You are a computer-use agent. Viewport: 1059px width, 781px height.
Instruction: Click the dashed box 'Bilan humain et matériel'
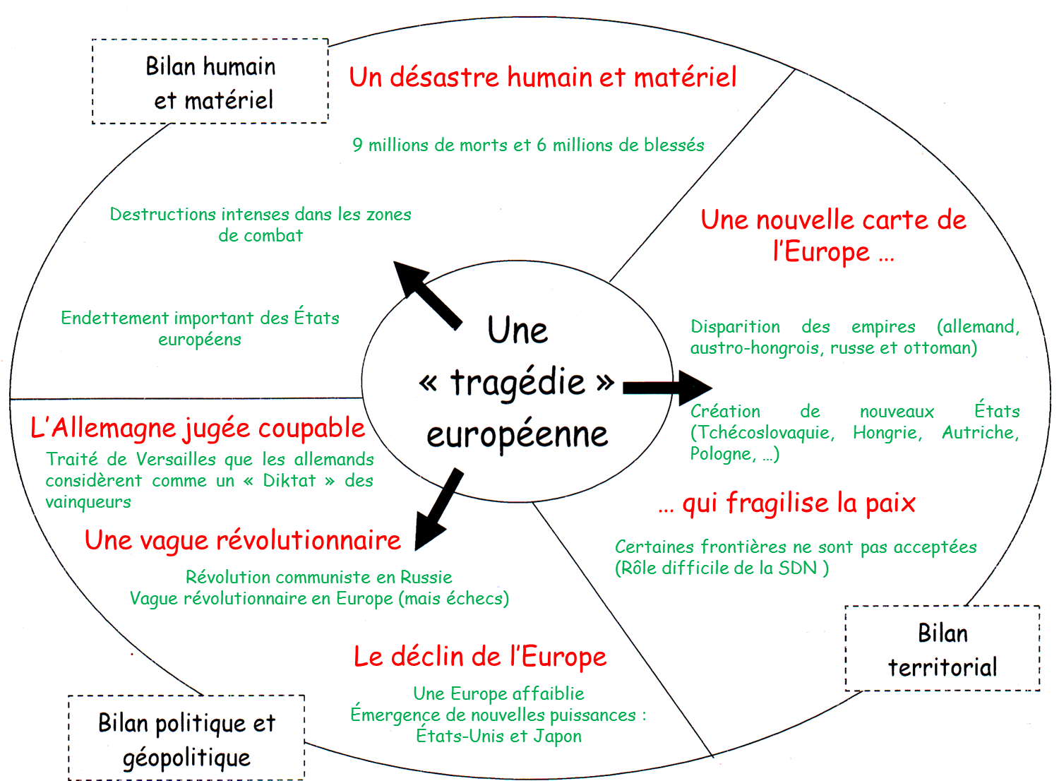point(210,82)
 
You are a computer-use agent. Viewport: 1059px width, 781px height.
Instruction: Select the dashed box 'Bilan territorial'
point(943,649)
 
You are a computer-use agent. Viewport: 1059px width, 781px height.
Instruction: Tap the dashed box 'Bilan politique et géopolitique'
point(186,739)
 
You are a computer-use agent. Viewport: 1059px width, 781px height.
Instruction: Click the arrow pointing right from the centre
point(667,387)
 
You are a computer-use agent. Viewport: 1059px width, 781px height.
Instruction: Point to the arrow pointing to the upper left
point(427,294)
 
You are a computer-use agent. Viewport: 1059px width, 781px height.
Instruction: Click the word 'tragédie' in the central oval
point(517,383)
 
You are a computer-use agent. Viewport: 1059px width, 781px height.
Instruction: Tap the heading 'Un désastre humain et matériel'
point(542,78)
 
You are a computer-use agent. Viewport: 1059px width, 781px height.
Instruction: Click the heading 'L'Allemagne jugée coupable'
point(198,428)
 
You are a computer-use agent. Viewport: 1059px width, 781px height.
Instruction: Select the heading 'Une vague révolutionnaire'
point(243,540)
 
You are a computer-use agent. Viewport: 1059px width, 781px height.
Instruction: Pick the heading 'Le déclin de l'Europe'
point(480,657)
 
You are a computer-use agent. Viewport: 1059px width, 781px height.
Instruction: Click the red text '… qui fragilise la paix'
point(786,503)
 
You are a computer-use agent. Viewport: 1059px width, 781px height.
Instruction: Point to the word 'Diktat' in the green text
point(289,481)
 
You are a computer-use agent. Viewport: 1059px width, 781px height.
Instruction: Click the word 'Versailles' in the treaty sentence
point(176,460)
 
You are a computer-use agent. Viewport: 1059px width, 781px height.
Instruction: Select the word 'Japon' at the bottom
point(557,737)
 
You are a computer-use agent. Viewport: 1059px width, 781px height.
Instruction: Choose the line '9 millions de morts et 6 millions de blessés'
point(528,145)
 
